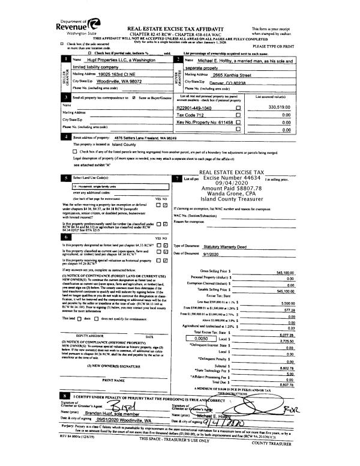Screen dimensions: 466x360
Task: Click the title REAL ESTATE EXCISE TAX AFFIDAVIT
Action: tap(180, 28)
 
